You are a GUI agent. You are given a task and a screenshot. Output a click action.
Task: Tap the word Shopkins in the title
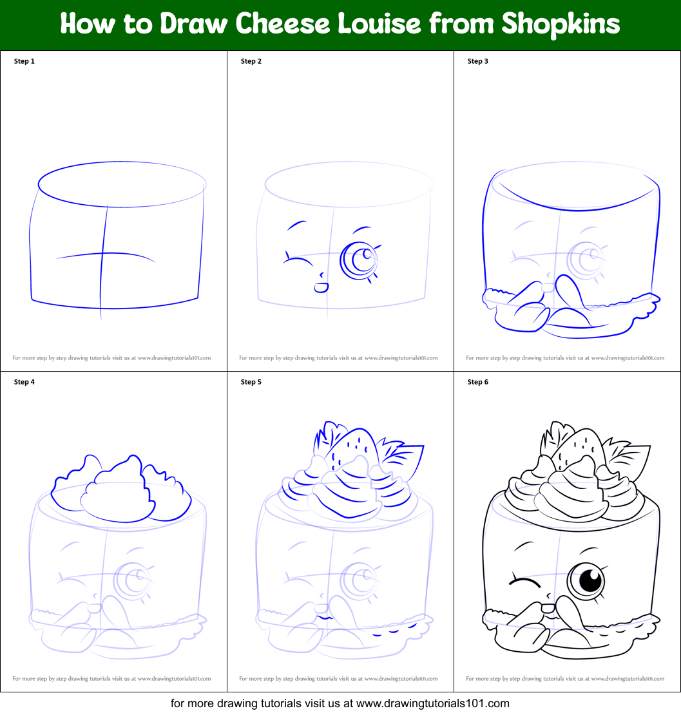pos(561,24)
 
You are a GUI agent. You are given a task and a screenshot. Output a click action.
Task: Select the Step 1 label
pos(24,61)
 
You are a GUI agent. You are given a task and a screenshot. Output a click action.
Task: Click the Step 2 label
pos(251,61)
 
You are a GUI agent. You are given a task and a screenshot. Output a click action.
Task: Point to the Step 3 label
pos(478,61)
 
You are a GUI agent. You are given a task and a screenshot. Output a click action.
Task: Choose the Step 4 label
pos(24,382)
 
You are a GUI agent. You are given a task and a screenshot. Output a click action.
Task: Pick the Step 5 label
pos(251,382)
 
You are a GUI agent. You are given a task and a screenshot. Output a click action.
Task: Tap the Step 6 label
pos(478,382)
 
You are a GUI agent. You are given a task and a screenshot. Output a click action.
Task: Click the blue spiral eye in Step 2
pos(359,260)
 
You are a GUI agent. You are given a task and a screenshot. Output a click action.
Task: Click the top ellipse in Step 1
pos(122,184)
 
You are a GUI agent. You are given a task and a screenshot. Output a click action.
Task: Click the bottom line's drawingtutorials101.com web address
pos(433,703)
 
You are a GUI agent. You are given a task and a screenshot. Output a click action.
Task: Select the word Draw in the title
pos(193,24)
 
